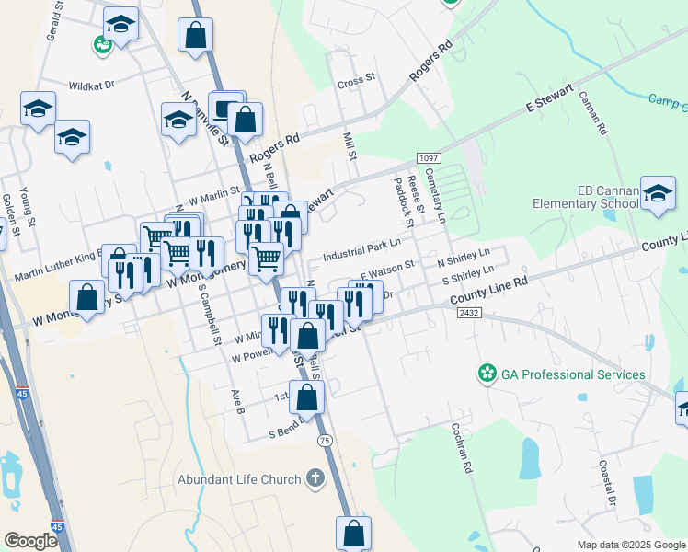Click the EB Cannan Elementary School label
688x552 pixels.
pos(607,197)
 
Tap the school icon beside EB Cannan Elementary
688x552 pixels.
pos(658,193)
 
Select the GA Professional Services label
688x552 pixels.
pos(573,374)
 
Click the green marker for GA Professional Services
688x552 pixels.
pos(487,374)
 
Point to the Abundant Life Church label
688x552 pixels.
pos(239,479)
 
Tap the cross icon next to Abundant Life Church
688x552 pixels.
pos(315,478)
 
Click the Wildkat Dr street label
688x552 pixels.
pos(90,85)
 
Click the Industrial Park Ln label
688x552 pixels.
pos(362,248)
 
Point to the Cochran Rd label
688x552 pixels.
pos(462,448)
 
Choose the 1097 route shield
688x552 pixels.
pos(428,158)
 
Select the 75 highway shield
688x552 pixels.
pos(323,441)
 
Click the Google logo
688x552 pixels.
pos(30,540)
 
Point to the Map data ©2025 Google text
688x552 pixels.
pos(630,545)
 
